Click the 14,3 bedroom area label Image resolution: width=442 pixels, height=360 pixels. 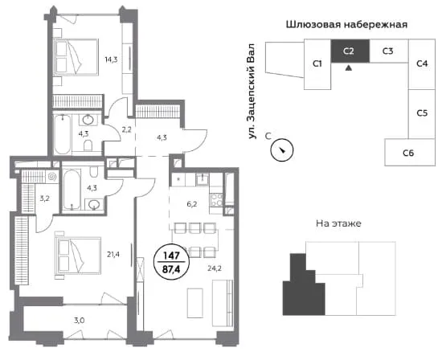[111, 59]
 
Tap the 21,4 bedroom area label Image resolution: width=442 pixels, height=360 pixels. [113, 255]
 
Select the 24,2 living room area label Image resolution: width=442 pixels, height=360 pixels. [215, 268]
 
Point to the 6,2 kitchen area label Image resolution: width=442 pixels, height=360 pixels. [192, 204]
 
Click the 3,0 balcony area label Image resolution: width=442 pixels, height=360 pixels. [79, 321]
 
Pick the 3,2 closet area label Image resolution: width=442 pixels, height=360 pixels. [44, 198]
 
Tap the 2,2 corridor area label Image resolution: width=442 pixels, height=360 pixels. [126, 130]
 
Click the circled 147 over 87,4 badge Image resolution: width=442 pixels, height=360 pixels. [171, 262]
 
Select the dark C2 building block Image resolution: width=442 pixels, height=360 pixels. [350, 51]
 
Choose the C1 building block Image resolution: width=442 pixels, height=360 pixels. [317, 64]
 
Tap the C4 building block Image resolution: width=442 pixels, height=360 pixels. [422, 64]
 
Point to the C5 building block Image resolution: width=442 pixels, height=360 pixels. [422, 114]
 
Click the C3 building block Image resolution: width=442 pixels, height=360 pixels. [388, 51]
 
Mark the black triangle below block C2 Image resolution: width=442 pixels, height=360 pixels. [349, 68]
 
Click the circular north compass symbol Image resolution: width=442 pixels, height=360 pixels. [282, 149]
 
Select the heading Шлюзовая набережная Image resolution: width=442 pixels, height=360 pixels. [346, 25]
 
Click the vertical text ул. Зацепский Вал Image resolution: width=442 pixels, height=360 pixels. [252, 92]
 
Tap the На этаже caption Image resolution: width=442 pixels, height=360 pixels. [338, 223]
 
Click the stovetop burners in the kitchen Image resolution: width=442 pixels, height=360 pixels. [217, 199]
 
